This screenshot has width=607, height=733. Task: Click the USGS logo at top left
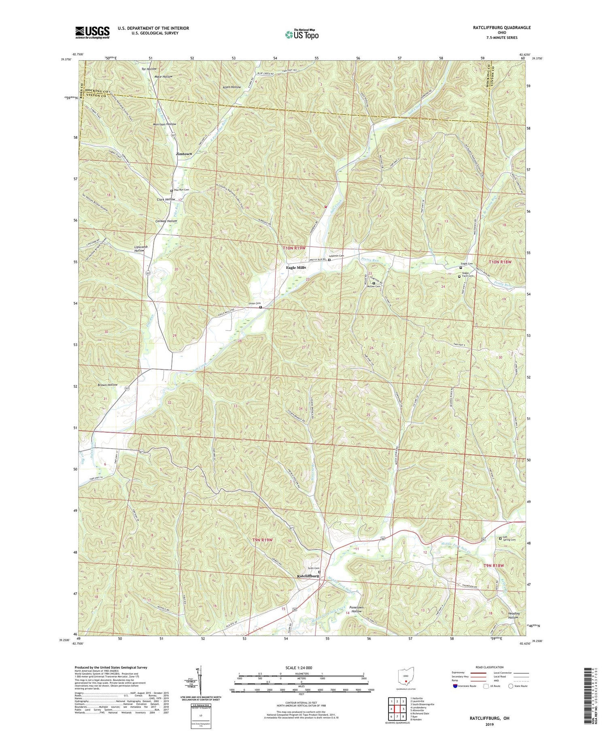point(92,32)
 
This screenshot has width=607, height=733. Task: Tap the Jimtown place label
point(184,154)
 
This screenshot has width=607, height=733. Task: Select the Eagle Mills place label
point(296,268)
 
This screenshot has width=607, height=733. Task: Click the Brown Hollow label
point(107,385)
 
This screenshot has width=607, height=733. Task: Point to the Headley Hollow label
point(513,616)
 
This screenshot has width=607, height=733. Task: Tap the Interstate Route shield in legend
point(456,686)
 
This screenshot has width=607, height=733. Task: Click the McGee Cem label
point(375,286)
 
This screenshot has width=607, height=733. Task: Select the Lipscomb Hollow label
point(139,249)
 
